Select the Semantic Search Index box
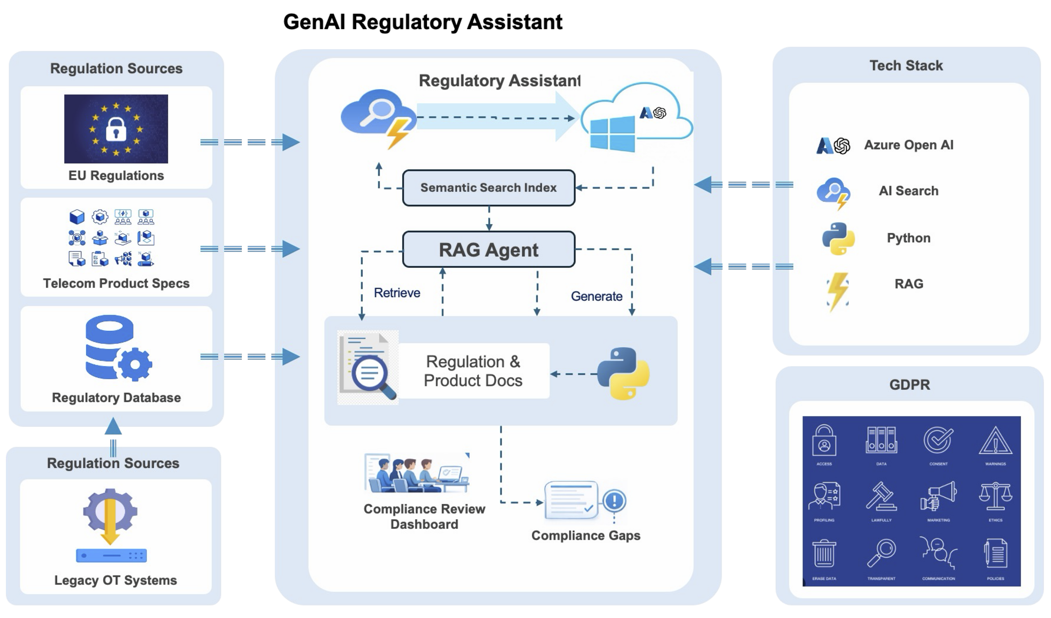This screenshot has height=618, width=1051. (x=488, y=188)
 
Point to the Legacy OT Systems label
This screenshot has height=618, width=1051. (x=116, y=580)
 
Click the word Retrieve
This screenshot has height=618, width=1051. (x=397, y=293)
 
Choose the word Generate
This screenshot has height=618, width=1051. (x=596, y=296)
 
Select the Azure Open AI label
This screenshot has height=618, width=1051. (x=908, y=145)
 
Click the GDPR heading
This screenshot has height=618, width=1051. (x=909, y=385)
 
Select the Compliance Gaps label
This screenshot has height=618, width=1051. (x=586, y=535)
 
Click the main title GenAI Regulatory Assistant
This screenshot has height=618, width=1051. (x=422, y=22)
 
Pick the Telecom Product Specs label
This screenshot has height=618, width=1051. (x=116, y=283)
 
